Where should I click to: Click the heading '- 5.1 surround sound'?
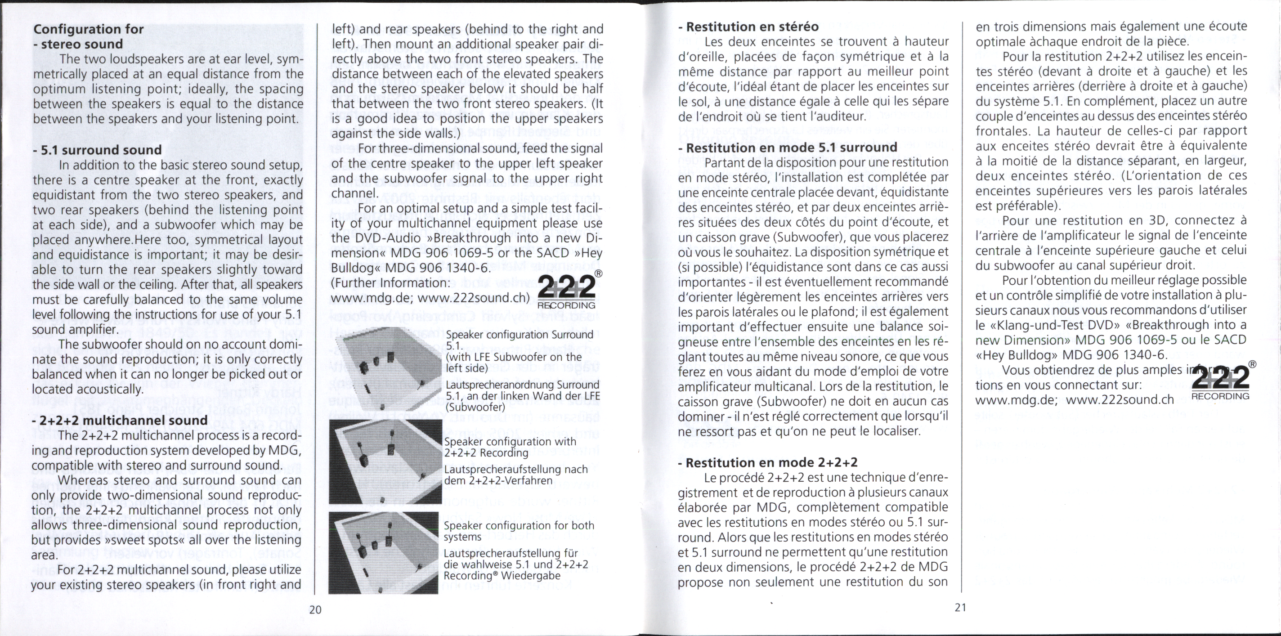coord(98,150)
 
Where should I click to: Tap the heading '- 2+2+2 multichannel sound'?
coord(119,420)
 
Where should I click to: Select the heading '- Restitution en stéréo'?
coord(748,27)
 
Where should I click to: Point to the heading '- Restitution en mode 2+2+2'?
coord(768,462)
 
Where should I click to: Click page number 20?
coord(315,609)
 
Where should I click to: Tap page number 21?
coord(960,607)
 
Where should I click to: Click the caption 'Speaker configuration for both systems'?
coord(518,531)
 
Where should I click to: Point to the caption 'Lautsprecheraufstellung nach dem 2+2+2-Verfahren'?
coord(515,475)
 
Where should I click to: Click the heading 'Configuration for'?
coord(89,29)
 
